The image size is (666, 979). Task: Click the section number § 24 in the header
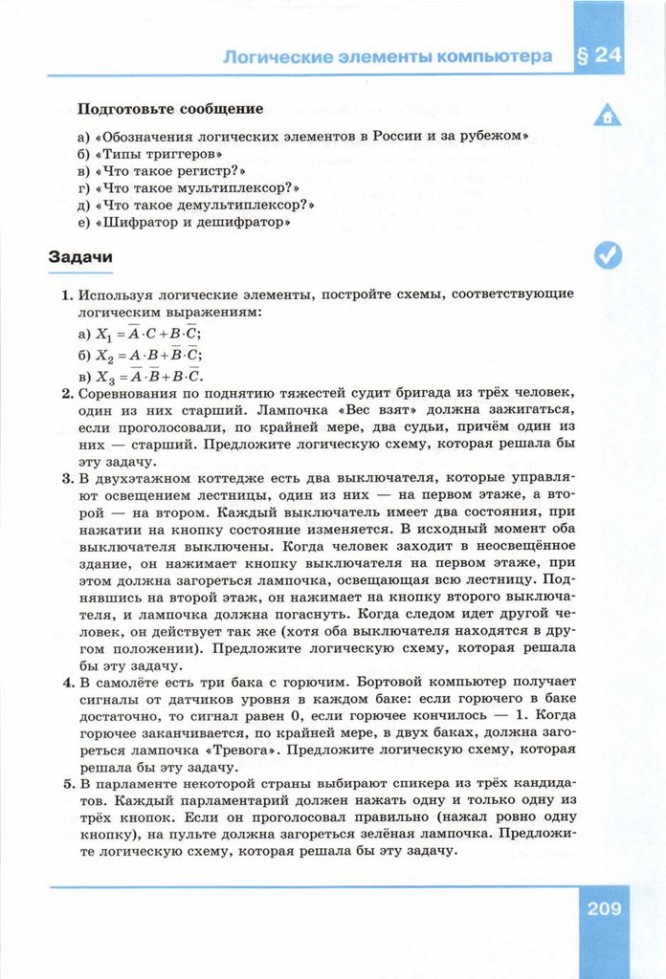600,55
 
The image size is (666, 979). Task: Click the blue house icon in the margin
607,116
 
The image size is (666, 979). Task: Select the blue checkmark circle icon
607,254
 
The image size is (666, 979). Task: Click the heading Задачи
80,257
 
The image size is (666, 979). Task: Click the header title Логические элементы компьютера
387,56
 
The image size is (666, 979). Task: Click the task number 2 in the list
67,393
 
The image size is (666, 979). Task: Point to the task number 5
67,784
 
